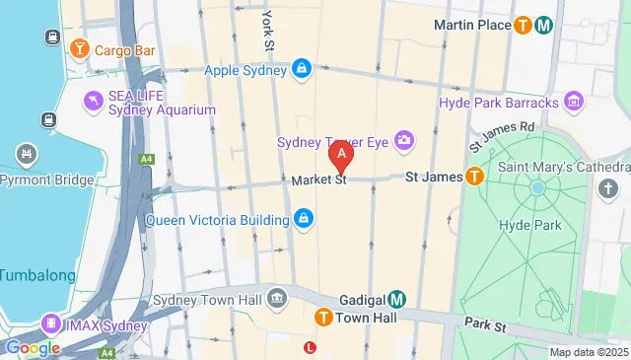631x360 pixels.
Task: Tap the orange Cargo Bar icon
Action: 80,47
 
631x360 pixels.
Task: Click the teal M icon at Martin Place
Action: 543,26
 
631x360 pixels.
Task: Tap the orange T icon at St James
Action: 474,178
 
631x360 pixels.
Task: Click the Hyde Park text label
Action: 530,225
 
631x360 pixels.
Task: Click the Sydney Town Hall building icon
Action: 277,297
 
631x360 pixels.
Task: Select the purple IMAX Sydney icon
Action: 49,323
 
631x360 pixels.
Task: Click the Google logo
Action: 33,347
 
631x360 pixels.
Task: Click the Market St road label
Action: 317,180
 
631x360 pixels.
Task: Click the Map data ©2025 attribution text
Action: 588,352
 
